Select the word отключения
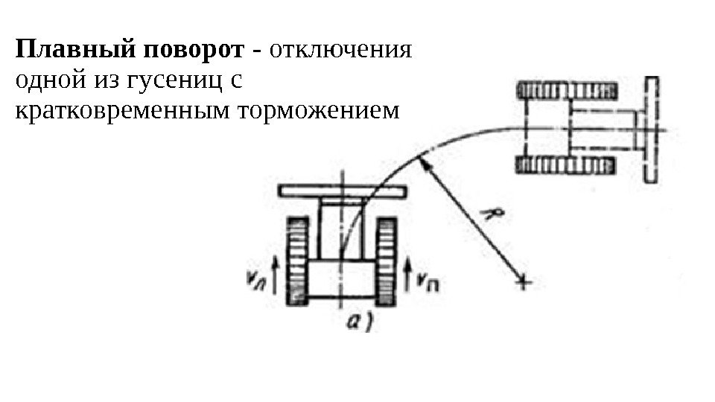coord(342,51)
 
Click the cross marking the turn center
coord(524,282)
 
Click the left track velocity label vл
coord(256,281)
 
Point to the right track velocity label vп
coord(427,281)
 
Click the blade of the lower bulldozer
coord(342,192)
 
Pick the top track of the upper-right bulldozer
coord(566,91)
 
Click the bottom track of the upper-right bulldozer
coord(566,165)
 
